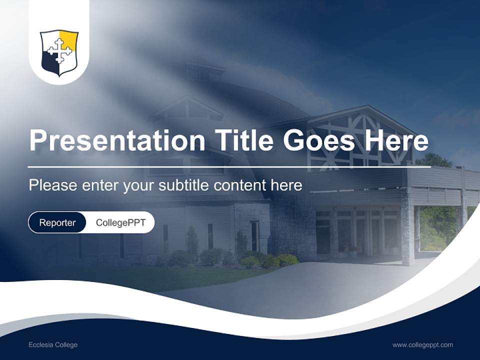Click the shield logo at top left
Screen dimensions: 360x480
coord(59,52)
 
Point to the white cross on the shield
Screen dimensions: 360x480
coord(58,51)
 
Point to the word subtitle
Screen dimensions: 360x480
coord(183,185)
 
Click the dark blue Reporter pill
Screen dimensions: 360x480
coord(57,222)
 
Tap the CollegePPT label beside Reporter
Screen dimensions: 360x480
coord(120,222)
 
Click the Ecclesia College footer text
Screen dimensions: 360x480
coord(53,345)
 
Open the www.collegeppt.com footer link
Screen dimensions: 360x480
coord(422,345)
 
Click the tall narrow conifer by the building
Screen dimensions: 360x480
coord(191,242)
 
